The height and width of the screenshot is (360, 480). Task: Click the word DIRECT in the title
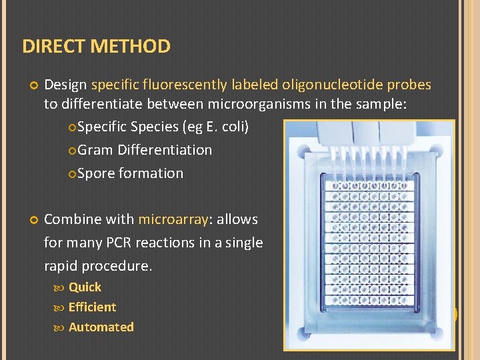point(53,47)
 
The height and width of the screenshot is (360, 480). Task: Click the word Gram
point(95,150)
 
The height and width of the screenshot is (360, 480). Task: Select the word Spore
point(95,173)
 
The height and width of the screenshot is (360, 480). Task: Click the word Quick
point(85,287)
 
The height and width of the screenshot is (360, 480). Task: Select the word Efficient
point(92,307)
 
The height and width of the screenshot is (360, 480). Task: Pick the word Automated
point(101,327)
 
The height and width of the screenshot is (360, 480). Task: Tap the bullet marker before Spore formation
point(72,174)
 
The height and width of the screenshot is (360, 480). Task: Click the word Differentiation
point(165,150)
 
